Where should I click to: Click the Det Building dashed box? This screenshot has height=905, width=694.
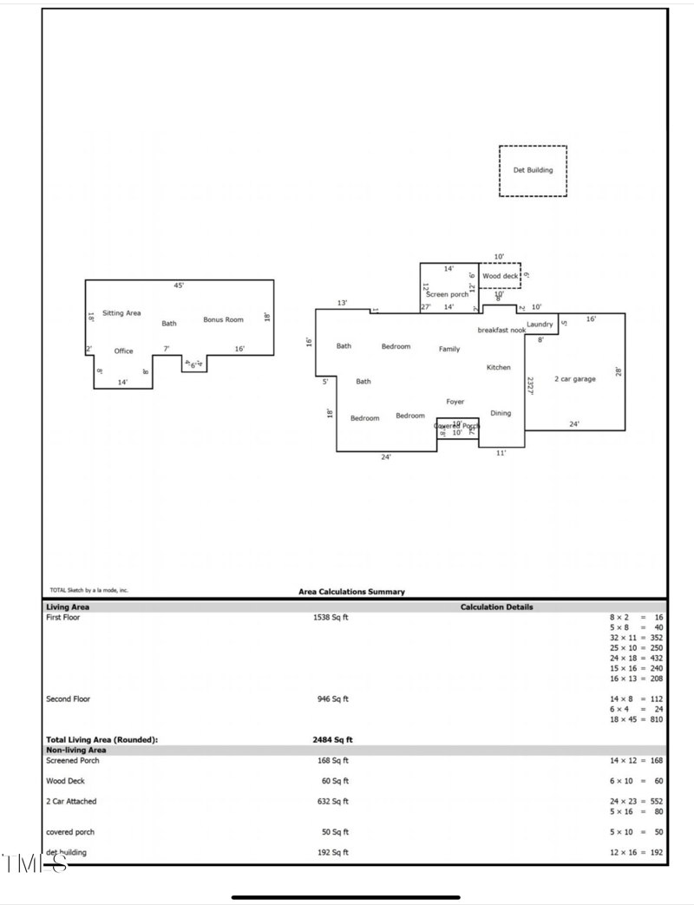click(x=533, y=171)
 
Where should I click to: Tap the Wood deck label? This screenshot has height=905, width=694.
click(x=500, y=277)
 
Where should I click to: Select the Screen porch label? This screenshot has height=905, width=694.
click(x=447, y=295)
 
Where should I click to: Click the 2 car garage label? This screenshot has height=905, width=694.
click(x=574, y=379)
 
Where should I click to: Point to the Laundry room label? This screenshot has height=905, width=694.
click(x=540, y=325)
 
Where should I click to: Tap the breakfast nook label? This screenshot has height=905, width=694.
click(x=501, y=331)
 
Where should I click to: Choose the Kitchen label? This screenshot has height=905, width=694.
click(x=498, y=368)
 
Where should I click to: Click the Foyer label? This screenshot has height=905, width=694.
click(x=455, y=402)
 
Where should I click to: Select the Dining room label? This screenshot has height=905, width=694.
click(x=501, y=414)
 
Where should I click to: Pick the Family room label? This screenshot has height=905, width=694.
click(x=449, y=350)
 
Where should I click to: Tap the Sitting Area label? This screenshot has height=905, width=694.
click(x=121, y=313)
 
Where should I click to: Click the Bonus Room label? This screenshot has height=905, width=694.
click(x=224, y=320)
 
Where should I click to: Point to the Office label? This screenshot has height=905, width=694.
click(x=124, y=351)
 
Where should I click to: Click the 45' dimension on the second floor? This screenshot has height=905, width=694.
click(x=179, y=285)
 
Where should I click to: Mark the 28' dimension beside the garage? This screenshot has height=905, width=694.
click(x=619, y=371)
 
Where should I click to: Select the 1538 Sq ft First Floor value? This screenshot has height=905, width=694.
click(x=331, y=618)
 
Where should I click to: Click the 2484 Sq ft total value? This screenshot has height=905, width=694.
click(x=332, y=740)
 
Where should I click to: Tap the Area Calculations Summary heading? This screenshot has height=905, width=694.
click(x=351, y=592)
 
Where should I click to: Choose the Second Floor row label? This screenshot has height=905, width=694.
click(x=68, y=698)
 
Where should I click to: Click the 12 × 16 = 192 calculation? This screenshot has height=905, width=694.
click(x=636, y=853)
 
